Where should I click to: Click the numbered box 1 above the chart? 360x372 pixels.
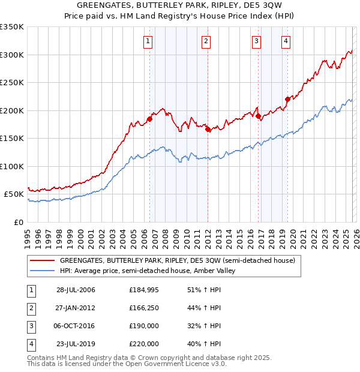(148, 41)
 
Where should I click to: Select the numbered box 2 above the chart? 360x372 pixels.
(206, 41)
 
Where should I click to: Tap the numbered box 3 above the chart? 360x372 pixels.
(256, 41)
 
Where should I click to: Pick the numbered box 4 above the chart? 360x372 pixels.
(286, 41)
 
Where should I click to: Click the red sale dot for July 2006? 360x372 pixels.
(149, 119)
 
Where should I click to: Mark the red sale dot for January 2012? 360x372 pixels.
(208, 129)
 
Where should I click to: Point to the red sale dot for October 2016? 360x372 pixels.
(258, 116)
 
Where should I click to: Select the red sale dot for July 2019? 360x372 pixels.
(287, 99)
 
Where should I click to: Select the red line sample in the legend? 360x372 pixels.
(42, 261)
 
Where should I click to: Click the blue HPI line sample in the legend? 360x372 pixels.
(42, 271)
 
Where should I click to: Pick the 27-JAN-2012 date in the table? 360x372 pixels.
(76, 308)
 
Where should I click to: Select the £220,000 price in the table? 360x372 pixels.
(144, 344)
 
